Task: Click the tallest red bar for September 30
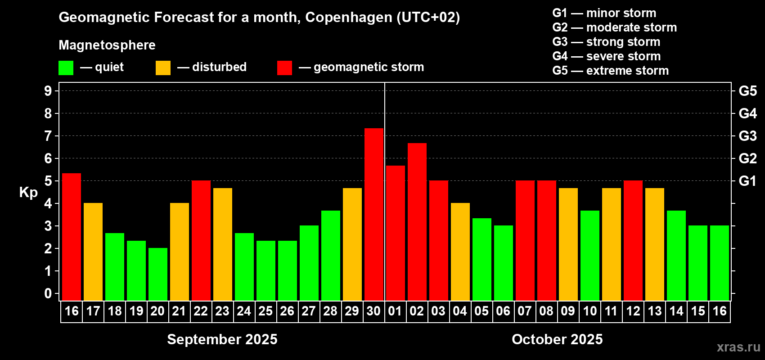[374, 214]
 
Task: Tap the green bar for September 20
[158, 274]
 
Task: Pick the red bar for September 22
[201, 240]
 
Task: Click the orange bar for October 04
[460, 252]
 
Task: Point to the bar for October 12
[633, 240]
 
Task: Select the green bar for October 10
[590, 255]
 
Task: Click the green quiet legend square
[66, 68]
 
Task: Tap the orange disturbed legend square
[163, 68]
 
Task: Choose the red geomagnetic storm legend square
[284, 68]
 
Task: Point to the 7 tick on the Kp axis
[48, 136]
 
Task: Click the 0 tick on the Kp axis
[48, 294]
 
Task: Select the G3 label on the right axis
[747, 136]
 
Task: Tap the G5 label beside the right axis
[747, 91]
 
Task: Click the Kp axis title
[28, 193]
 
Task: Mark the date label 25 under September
[265, 311]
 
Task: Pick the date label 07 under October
[525, 311]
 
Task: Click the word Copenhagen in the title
[349, 18]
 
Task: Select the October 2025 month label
[557, 339]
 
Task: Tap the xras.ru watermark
[738, 347]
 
